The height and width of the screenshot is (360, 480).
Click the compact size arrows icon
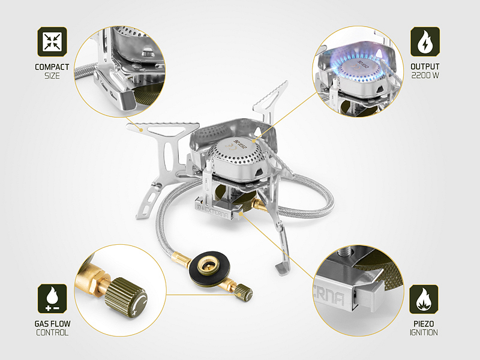[52, 41]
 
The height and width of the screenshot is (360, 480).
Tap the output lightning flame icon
[425, 41]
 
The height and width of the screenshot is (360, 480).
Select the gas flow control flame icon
[52, 298]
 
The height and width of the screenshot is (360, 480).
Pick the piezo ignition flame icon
[424, 299]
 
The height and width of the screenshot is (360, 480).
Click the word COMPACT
[52, 67]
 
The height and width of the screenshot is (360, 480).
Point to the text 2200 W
[425, 76]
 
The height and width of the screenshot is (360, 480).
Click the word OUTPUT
[425, 67]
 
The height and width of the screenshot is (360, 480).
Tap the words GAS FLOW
[52, 324]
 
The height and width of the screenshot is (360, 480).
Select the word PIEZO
[424, 324]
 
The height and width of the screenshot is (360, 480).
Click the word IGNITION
[424, 332]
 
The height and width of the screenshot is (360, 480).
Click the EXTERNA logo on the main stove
[213, 211]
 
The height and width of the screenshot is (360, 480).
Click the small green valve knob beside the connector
[244, 292]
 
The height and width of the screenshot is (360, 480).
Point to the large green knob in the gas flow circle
[126, 298]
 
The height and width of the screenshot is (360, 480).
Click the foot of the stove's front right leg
[283, 269]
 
